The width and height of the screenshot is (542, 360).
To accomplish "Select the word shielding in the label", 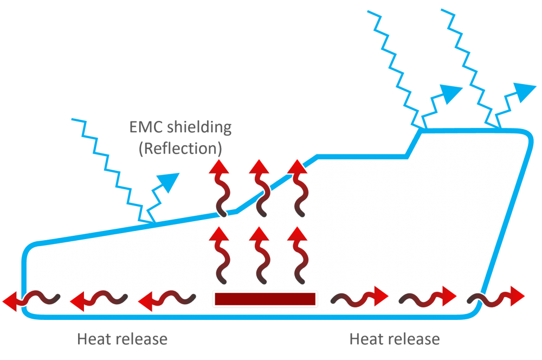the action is point(199,127).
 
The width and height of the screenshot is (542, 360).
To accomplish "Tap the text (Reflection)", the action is point(180,149).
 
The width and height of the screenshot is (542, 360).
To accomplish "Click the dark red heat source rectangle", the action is point(265,299).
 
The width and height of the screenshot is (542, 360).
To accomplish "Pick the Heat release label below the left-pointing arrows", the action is point(122,339).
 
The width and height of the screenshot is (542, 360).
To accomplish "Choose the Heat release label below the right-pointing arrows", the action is point(395,339).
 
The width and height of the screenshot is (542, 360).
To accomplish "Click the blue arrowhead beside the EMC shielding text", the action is point(169,182).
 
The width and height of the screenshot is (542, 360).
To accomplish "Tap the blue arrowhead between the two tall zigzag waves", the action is point(451,93).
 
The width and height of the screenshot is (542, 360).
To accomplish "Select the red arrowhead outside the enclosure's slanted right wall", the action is point(518,296).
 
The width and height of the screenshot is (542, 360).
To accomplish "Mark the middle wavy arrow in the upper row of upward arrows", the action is point(260,189).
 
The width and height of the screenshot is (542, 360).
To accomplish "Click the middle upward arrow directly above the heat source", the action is point(260,255).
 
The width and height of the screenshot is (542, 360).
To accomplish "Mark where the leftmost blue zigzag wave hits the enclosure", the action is point(153,223).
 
